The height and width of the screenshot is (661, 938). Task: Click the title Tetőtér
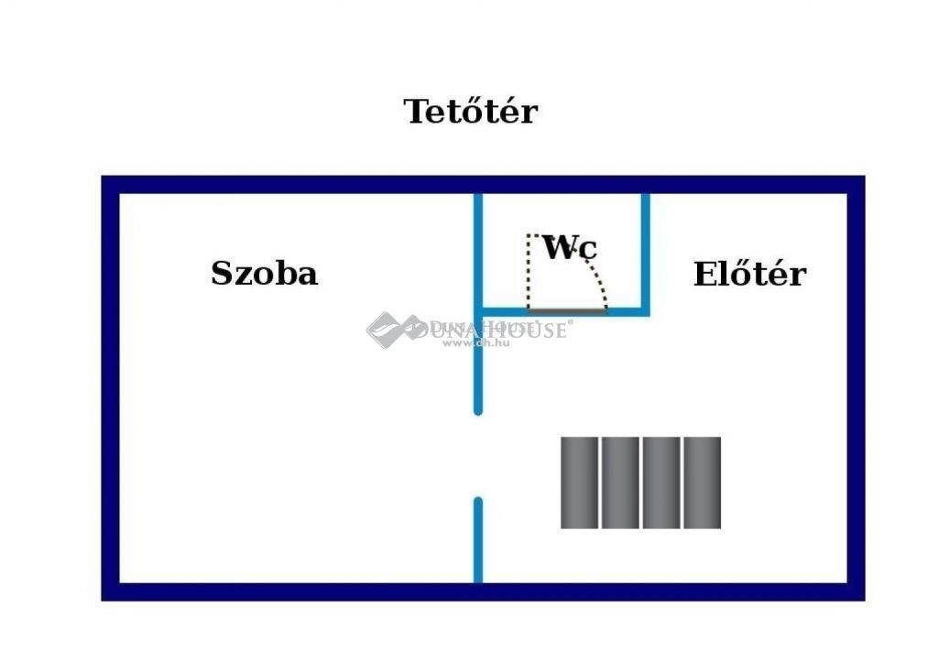(x=470, y=112)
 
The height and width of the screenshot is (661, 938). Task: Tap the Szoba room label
(x=264, y=273)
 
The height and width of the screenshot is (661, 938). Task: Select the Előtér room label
(x=749, y=274)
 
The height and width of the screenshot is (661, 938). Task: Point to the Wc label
(x=570, y=247)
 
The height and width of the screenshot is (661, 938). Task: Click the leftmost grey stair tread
(x=579, y=482)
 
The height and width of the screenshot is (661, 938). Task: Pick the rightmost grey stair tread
(x=702, y=482)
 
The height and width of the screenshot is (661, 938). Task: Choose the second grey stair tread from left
(x=620, y=482)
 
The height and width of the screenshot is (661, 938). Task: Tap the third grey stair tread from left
(x=661, y=482)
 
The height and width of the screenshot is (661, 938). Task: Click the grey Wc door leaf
(x=567, y=311)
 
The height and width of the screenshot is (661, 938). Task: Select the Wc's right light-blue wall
(x=645, y=252)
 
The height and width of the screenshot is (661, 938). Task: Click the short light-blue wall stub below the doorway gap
(x=478, y=539)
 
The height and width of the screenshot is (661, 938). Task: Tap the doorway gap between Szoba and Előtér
(x=478, y=455)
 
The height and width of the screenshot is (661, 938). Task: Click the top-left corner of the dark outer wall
(x=111, y=185)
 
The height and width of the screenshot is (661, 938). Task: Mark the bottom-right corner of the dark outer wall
(x=856, y=591)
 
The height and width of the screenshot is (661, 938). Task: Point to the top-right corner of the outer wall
(x=856, y=185)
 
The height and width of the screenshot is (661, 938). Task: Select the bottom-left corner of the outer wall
(x=111, y=591)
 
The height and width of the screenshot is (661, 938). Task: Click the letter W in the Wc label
(x=558, y=246)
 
